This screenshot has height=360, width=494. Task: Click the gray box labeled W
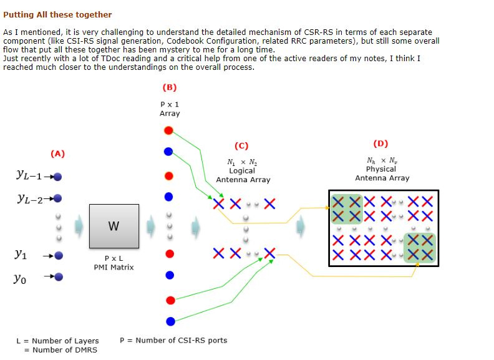[114, 226]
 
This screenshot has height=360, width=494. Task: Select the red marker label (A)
[57, 153]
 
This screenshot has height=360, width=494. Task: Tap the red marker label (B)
[170, 87]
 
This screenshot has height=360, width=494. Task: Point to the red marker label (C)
[241, 145]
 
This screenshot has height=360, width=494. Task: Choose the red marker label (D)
[380, 144]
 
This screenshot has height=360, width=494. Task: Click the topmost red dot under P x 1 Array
[168, 130]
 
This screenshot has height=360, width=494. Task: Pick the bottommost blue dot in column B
[170, 321]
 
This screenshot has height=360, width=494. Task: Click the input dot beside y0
[59, 277]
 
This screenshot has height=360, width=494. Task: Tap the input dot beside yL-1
[57, 177]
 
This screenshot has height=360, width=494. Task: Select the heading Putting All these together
[57, 14]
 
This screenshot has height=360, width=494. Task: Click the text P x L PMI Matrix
[114, 263]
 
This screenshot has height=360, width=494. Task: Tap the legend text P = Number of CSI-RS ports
[173, 340]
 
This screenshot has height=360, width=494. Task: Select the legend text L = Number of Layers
[57, 341]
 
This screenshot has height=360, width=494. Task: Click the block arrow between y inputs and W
[79, 226]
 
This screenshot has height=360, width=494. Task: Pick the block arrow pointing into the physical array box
[301, 226]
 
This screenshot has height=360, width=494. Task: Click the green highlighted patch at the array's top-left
[347, 209]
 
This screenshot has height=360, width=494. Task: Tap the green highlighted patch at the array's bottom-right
[420, 248]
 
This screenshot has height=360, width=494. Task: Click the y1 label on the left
[21, 254]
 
